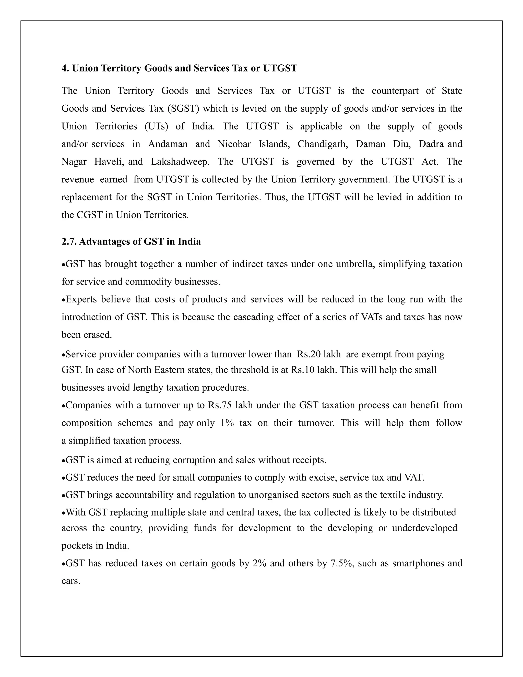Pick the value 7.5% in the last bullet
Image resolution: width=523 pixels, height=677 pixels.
pos(342,563)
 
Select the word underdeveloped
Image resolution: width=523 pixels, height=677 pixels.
pos(424,528)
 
